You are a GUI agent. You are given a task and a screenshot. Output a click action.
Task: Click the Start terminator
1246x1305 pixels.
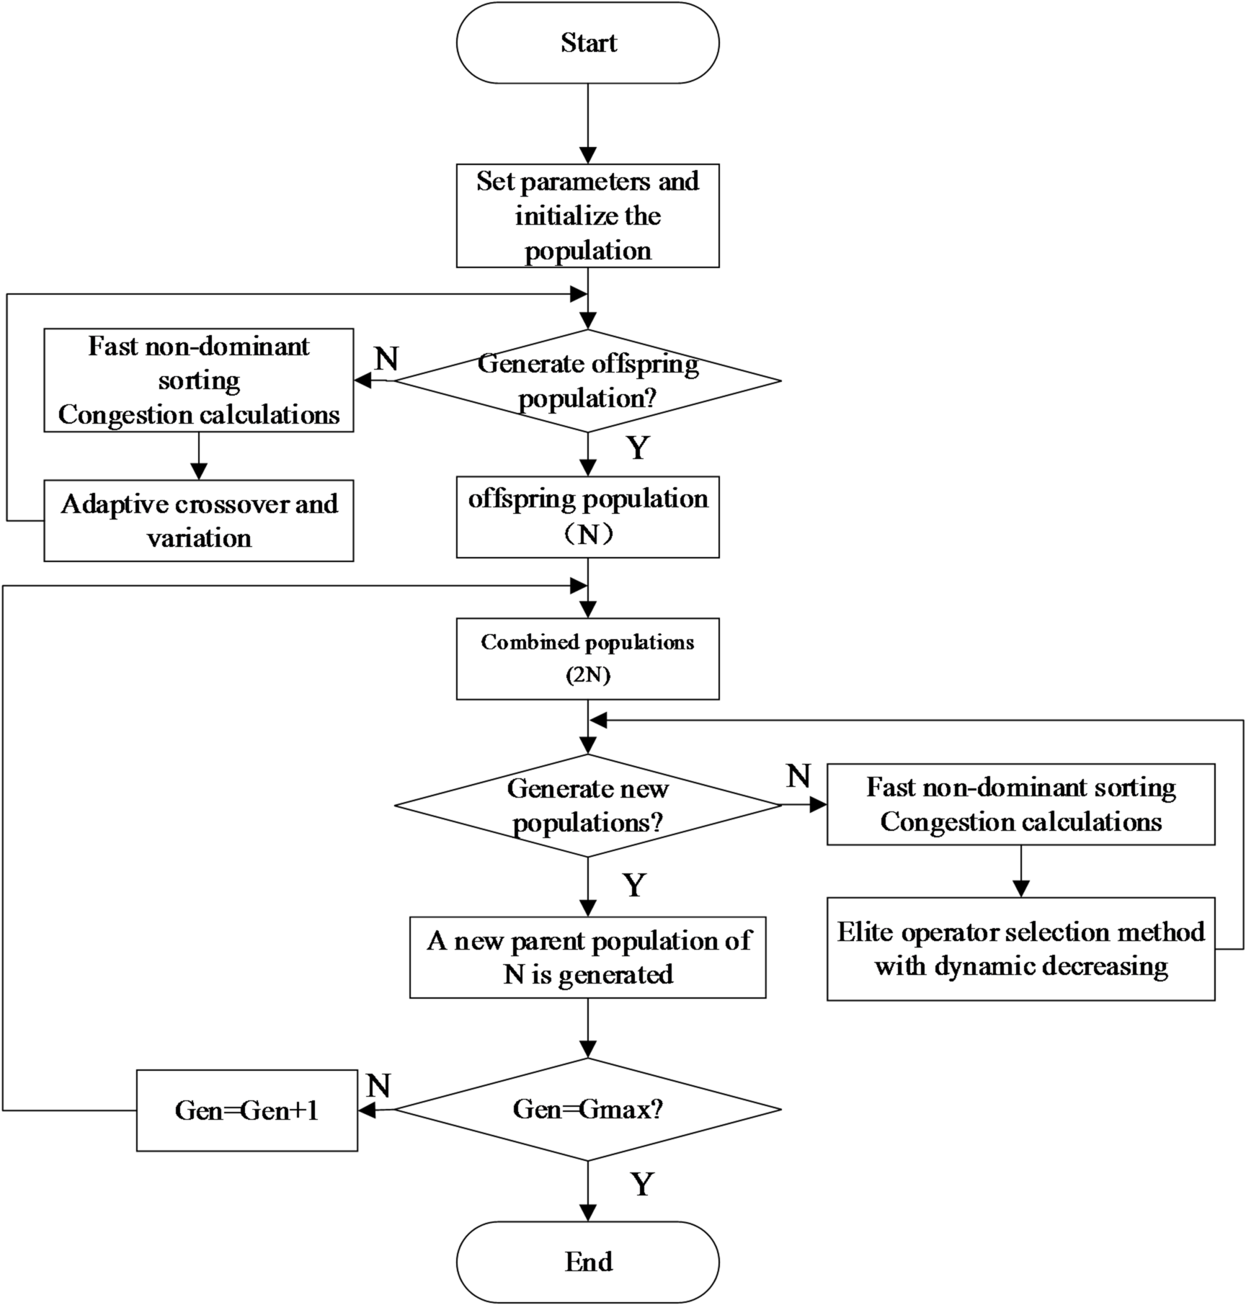(x=587, y=43)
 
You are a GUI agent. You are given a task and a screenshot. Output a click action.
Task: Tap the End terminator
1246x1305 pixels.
(x=587, y=1261)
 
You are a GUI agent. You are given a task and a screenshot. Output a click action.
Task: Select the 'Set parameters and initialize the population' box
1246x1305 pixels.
(x=587, y=215)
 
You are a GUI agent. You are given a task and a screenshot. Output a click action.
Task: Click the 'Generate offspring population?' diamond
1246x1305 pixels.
(x=587, y=380)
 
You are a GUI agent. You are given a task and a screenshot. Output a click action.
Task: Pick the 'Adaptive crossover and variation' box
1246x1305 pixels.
(x=199, y=520)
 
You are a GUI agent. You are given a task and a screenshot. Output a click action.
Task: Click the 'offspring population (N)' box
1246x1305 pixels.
(x=587, y=517)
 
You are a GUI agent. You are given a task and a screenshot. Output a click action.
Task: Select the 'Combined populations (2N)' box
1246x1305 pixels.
(x=587, y=658)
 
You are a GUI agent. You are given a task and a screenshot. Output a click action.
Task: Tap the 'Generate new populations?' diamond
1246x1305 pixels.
(x=587, y=805)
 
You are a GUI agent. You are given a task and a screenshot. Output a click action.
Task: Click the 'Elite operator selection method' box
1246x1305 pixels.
(x=1020, y=948)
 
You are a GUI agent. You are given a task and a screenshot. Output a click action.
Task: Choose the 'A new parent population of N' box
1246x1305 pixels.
(x=587, y=957)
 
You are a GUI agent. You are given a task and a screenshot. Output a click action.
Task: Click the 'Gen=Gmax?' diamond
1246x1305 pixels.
(x=587, y=1109)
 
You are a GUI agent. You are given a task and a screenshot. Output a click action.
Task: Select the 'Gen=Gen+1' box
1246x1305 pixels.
(x=246, y=1110)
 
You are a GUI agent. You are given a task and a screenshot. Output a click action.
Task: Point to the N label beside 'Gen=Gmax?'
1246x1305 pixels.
(x=378, y=1085)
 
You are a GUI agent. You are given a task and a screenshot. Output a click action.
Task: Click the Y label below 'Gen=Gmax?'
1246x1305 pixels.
(x=641, y=1184)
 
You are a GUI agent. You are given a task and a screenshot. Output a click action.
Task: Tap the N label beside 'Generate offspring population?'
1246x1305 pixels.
(x=387, y=358)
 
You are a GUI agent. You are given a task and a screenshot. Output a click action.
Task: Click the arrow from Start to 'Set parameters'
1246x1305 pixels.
(x=588, y=123)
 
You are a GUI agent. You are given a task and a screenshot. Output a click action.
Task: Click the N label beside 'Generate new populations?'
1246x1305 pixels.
(x=798, y=776)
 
